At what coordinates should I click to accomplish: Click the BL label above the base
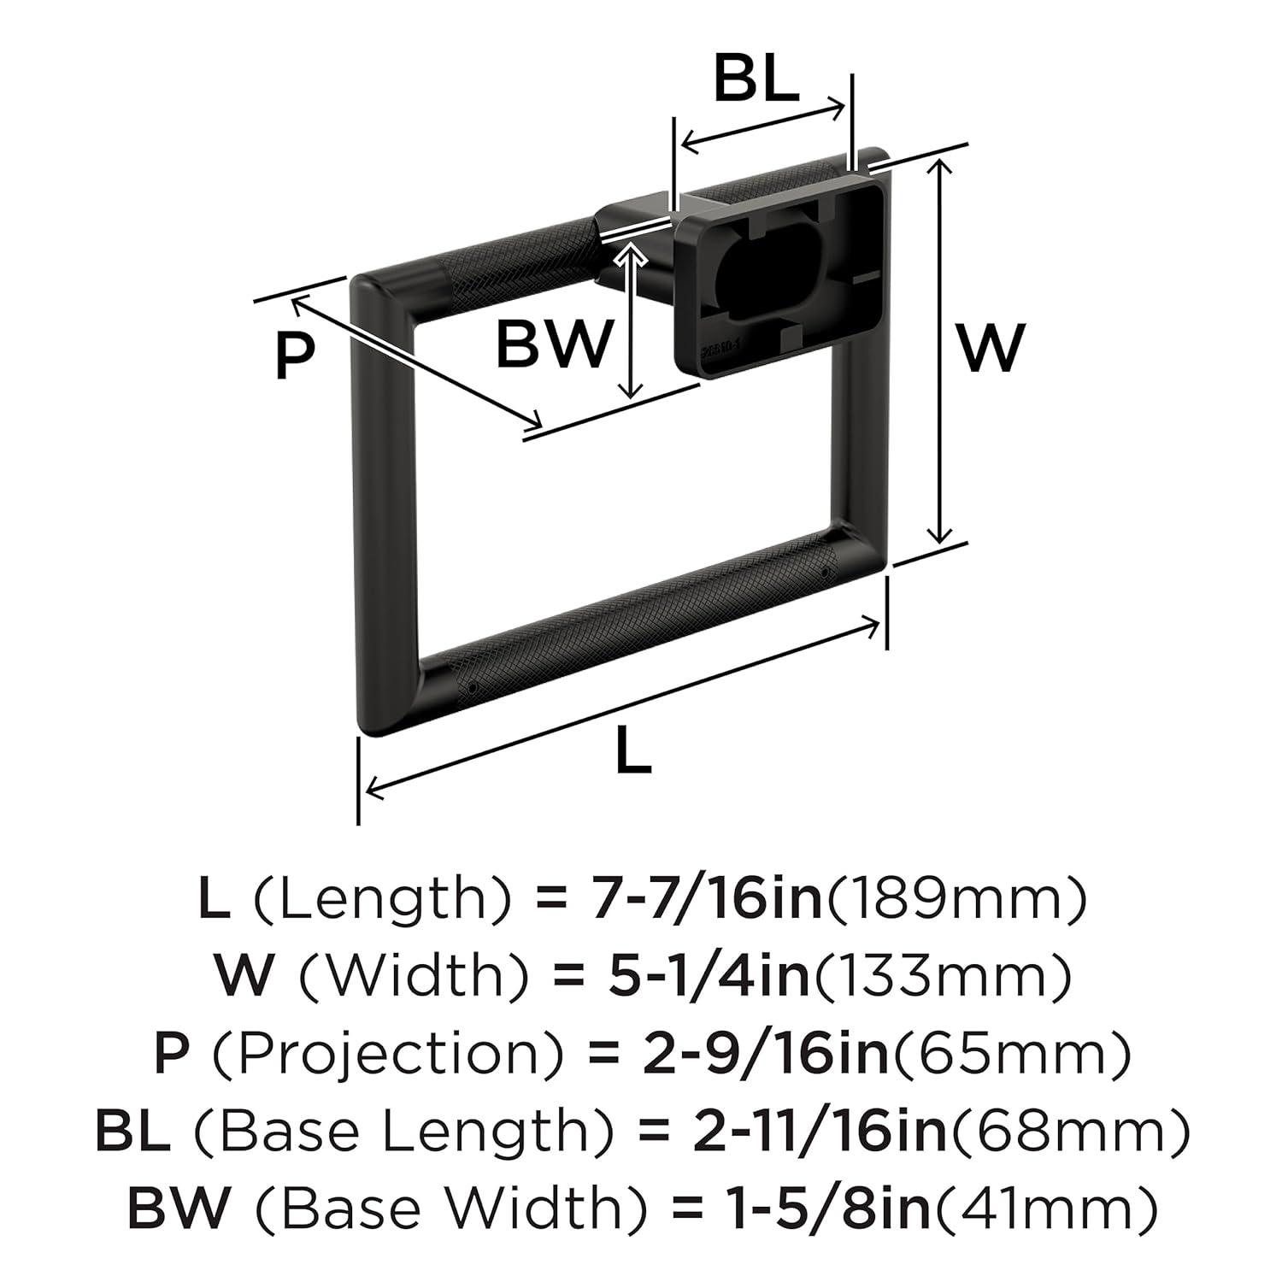click(x=756, y=80)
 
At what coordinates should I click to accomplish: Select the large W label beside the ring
click(x=989, y=347)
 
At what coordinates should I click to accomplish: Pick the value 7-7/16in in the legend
click(x=707, y=899)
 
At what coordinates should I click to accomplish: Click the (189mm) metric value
click(x=955, y=899)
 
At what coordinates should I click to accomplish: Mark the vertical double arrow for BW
click(x=630, y=320)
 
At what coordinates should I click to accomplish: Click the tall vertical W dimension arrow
click(x=940, y=350)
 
